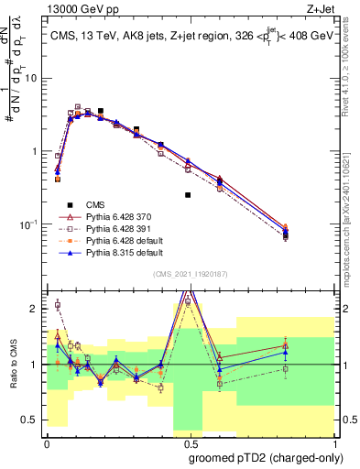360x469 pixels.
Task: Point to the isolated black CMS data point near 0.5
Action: coord(188,195)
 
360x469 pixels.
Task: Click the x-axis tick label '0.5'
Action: coord(189,442)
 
